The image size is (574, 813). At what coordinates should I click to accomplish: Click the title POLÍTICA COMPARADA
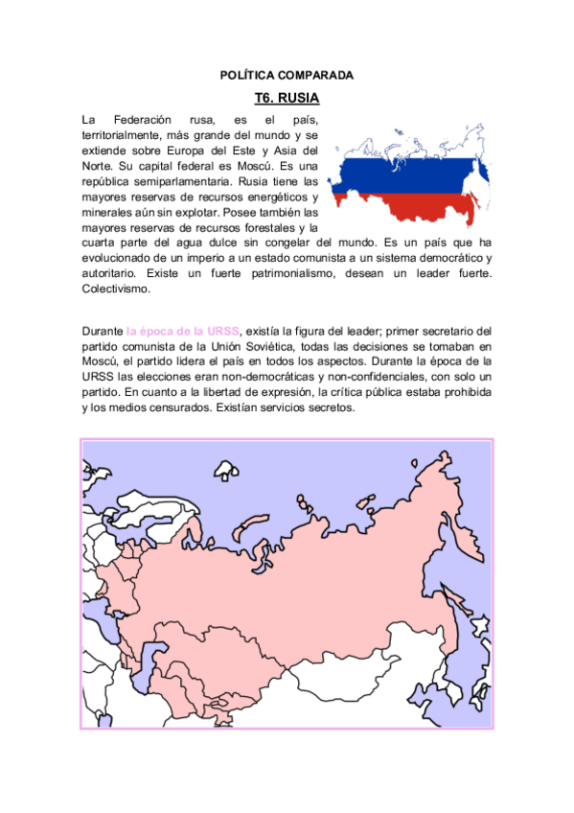click(x=287, y=74)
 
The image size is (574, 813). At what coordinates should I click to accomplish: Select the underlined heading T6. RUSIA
click(x=287, y=98)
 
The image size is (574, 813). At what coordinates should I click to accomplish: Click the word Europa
click(x=195, y=151)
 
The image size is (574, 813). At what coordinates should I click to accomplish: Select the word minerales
click(x=109, y=212)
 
